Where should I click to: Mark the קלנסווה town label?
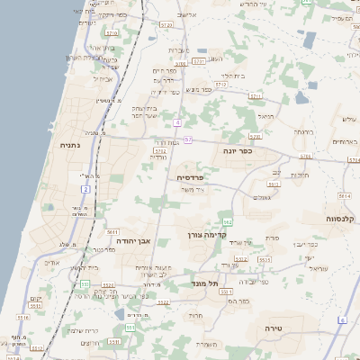pos(344,219)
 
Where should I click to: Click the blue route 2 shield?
pos(85,189)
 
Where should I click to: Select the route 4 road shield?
pos(179,121)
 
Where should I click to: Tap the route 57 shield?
pos(187,139)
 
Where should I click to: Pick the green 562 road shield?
pos(229,221)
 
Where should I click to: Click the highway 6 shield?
pos(342,320)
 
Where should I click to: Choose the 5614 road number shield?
pos(344,195)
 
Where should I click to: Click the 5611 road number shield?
pos(112,232)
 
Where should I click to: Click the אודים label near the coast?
pos(51,263)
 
